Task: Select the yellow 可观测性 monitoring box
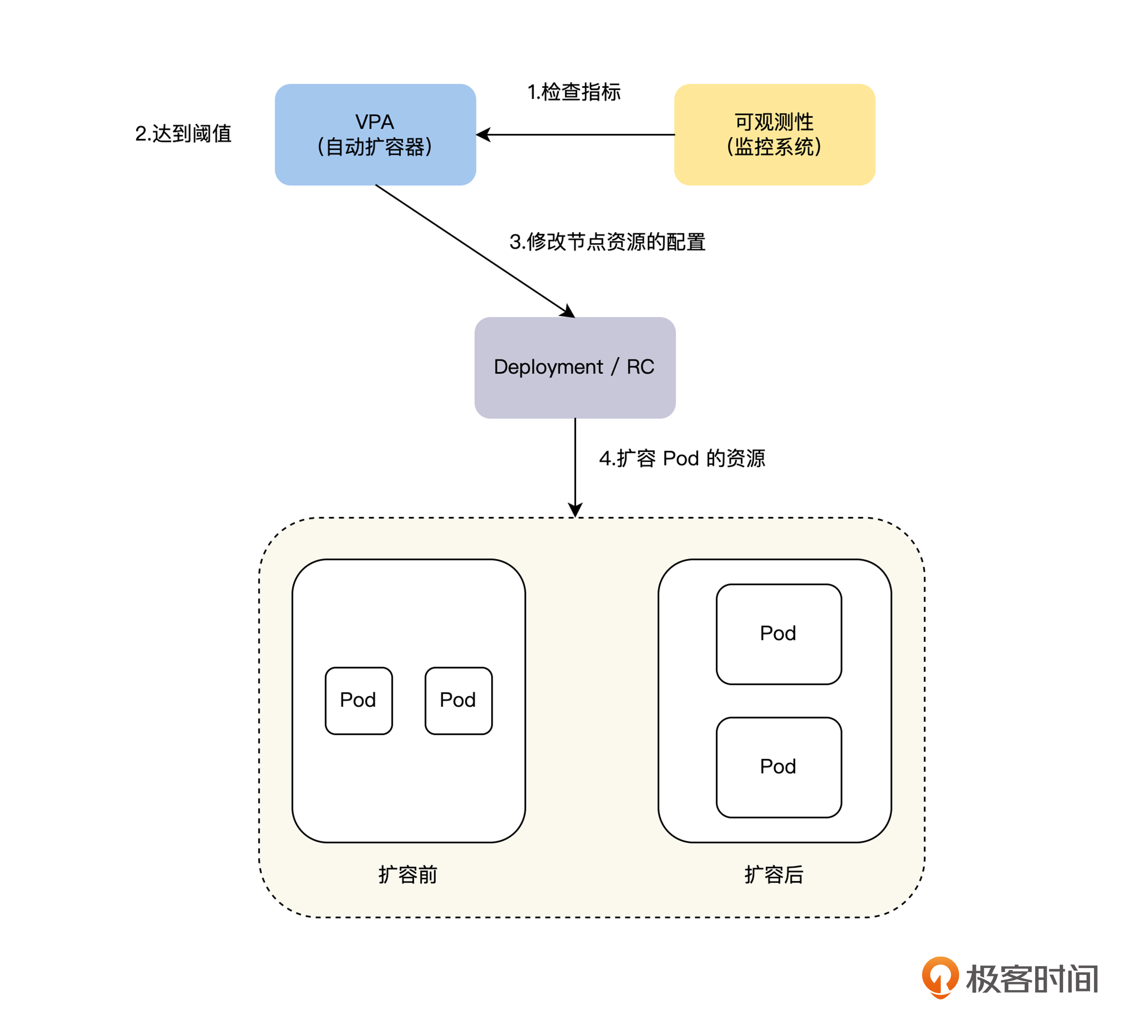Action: coord(774,135)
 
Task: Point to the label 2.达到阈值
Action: coord(183,134)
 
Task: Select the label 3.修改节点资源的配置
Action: coord(607,242)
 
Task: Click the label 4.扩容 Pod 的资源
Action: coord(681,458)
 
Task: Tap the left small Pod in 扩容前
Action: coord(358,700)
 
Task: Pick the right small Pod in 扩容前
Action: coord(458,700)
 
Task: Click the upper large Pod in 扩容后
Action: coord(778,634)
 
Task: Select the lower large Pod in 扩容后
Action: coord(778,767)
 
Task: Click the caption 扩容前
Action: coord(408,875)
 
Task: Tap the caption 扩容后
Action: coord(774,875)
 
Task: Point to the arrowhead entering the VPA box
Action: coord(482,135)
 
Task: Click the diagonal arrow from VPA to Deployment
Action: coord(475,251)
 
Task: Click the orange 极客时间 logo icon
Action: coord(940,977)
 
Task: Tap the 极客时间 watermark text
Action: coord(1032,979)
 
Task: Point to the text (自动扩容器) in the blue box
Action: coord(375,147)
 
